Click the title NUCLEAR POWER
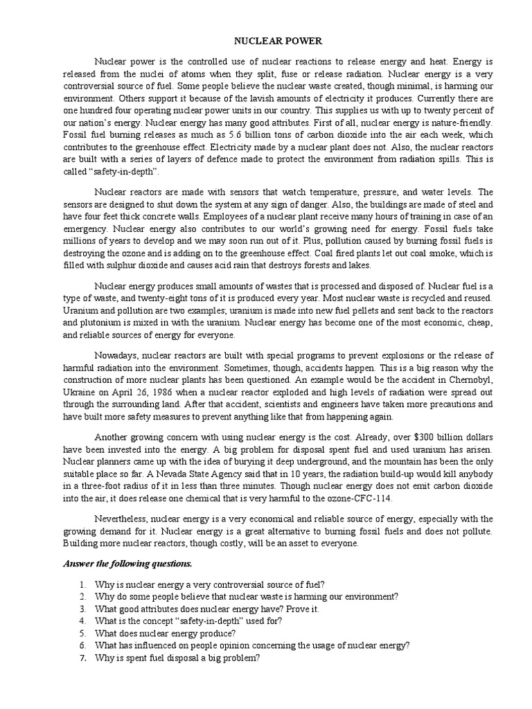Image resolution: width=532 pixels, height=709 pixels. [x=267, y=41]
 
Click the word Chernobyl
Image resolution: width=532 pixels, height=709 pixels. [x=470, y=379]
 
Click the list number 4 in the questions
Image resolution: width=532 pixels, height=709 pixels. [x=82, y=621]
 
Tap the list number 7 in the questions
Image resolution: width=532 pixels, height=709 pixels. [x=82, y=658]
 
